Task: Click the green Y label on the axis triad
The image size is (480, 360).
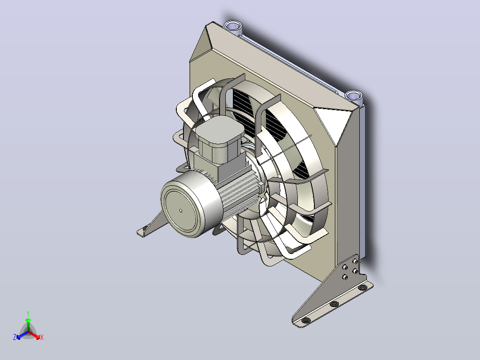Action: (28, 313)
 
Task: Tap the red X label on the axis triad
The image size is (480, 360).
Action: (42, 337)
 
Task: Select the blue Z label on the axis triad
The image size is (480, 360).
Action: (15, 337)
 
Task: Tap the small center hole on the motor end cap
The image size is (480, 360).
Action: (181, 210)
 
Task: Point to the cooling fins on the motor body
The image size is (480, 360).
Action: (238, 190)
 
